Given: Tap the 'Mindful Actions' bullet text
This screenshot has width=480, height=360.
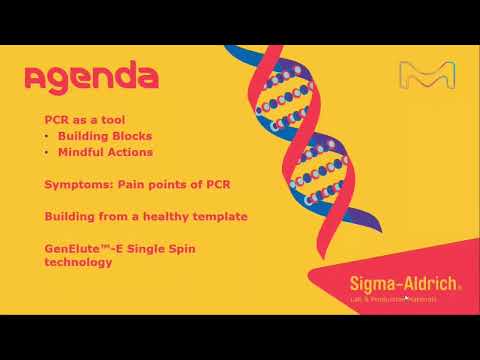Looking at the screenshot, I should (x=107, y=152).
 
